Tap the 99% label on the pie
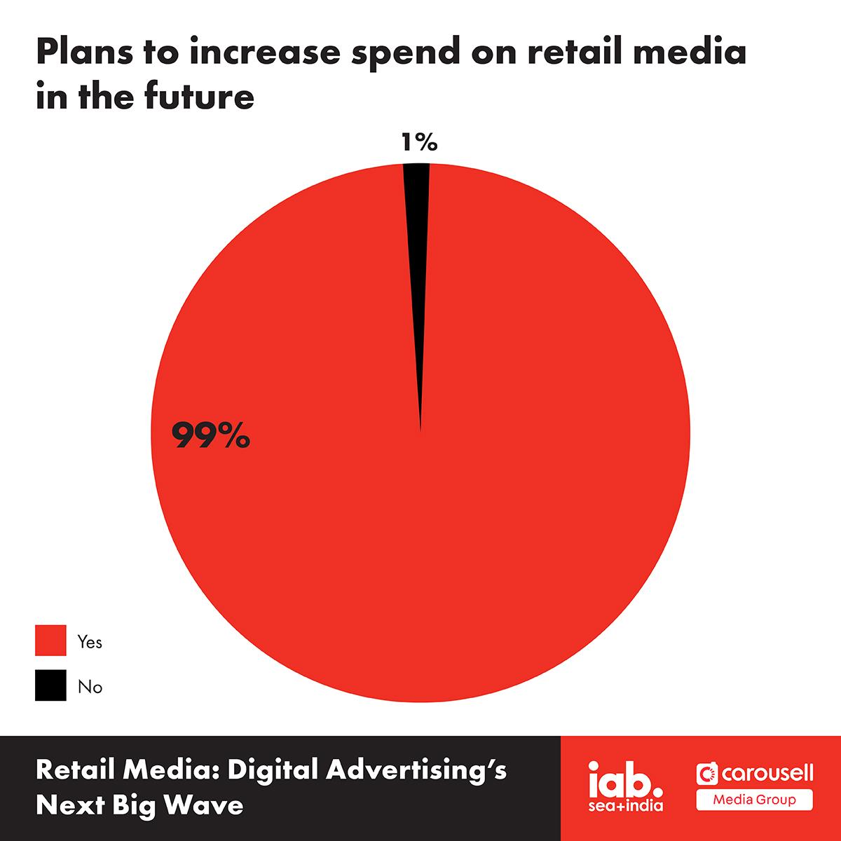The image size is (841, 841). click(x=211, y=435)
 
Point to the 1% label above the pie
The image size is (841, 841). click(x=419, y=142)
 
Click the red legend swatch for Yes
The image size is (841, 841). click(x=50, y=641)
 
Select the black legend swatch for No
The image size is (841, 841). click(x=50, y=685)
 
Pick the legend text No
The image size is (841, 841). click(x=90, y=688)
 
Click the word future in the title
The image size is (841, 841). click(x=199, y=95)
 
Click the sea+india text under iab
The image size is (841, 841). click(x=625, y=805)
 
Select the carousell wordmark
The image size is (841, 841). click(x=767, y=773)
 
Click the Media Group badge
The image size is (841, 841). click(x=755, y=800)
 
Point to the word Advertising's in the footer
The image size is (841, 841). click(x=416, y=771)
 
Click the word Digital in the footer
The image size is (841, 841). click(x=273, y=771)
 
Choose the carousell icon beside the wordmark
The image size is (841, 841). click(x=707, y=773)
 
